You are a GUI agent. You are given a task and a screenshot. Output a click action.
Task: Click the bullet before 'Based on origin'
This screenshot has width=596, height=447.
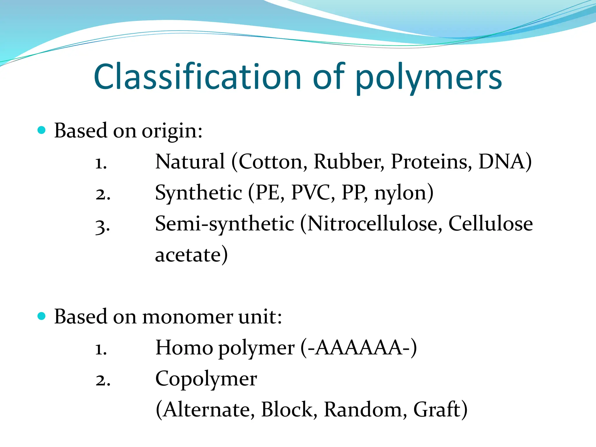coord(42,130)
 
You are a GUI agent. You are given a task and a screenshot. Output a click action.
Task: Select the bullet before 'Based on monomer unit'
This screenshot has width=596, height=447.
coord(42,316)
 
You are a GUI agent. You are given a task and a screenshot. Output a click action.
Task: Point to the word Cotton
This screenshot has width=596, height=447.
coord(272,162)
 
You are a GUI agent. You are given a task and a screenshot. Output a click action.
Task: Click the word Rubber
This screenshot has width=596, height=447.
coord(348,162)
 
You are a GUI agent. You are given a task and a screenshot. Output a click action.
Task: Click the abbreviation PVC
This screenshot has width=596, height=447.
coord(313,193)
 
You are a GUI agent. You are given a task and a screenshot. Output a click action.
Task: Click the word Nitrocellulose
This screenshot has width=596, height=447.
coord(372,224)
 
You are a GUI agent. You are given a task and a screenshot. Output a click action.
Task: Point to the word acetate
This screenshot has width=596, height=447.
coord(188,255)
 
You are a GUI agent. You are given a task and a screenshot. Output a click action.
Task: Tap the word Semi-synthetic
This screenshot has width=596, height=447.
coord(224,224)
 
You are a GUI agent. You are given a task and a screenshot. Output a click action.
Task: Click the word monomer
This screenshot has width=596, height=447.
coord(188,317)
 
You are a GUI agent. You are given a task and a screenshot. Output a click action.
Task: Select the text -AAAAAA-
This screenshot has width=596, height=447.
coord(359,348)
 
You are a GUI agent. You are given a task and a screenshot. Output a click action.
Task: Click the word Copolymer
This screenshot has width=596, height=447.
coord(206,379)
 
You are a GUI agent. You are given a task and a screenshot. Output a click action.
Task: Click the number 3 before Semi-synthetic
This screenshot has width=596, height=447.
coord(102,226)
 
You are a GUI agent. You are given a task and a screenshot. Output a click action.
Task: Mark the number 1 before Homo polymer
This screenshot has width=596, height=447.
coord(101,349)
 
